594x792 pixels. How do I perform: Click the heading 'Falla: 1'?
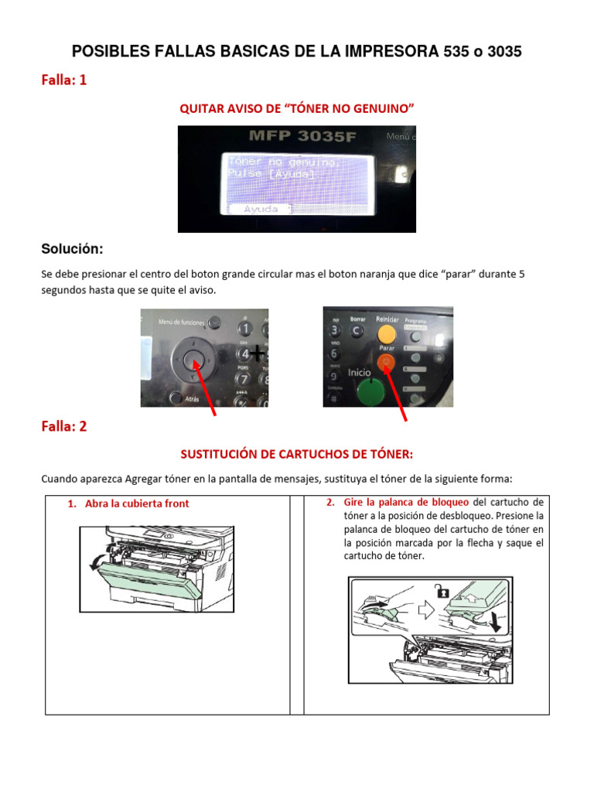coord(63,80)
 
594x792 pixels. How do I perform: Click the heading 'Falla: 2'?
coord(63,426)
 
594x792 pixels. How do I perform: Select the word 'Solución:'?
coord(72,249)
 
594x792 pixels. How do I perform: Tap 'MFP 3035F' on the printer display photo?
coord(297,137)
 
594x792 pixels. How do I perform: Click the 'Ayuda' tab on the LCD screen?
coord(260,209)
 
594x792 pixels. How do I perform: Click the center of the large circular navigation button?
coord(194,358)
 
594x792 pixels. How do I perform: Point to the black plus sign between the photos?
coord(257,353)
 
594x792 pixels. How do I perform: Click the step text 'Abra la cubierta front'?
coord(136,504)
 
